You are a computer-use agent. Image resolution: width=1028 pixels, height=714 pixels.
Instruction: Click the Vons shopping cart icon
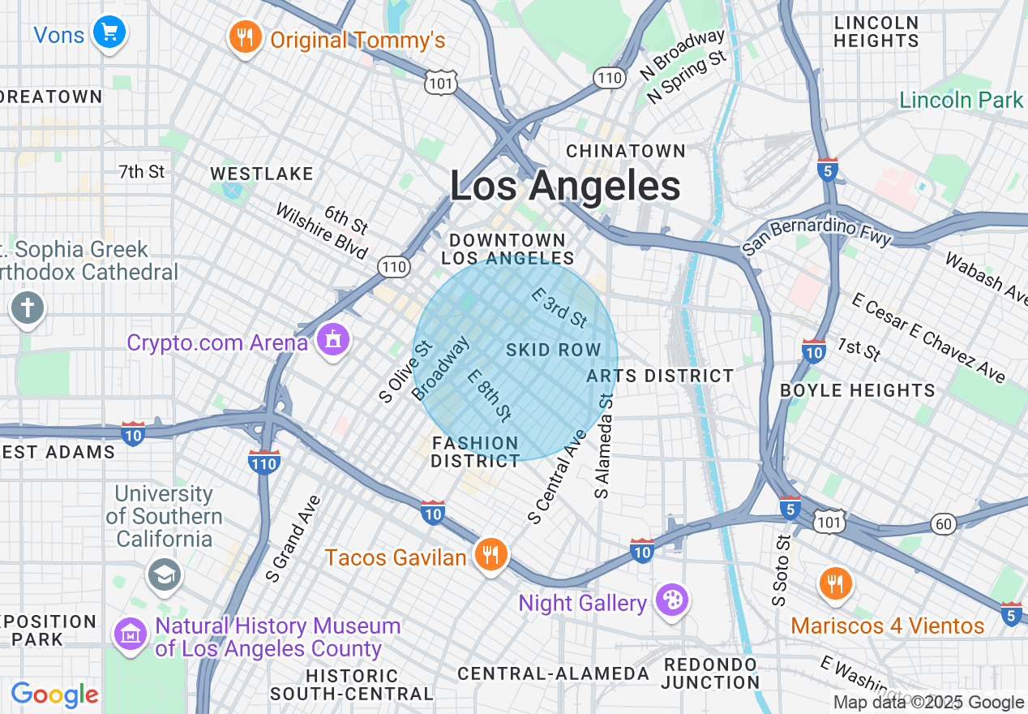click(x=108, y=33)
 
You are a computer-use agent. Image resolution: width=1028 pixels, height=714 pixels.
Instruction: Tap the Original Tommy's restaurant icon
click(x=243, y=37)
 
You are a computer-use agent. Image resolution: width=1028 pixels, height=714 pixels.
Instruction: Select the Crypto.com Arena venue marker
click(x=333, y=339)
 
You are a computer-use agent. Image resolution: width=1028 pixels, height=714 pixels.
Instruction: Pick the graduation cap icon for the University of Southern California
click(x=165, y=574)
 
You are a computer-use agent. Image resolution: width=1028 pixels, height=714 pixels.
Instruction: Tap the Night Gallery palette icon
click(x=672, y=600)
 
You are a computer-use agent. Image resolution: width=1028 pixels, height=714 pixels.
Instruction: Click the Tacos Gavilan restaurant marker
click(x=490, y=555)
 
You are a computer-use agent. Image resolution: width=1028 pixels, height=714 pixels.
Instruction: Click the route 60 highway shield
click(x=943, y=523)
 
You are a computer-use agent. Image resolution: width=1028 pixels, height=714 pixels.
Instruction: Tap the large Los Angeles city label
click(x=565, y=186)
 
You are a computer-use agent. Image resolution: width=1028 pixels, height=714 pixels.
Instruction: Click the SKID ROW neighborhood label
click(x=554, y=351)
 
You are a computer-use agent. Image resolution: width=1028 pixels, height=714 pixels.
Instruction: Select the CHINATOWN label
click(x=626, y=151)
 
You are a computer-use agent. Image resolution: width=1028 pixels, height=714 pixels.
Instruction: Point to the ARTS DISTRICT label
click(x=660, y=376)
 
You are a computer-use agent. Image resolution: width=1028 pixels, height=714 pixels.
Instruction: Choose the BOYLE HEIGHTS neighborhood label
click(x=857, y=390)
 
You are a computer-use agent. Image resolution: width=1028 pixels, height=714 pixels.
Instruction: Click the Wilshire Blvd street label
click(x=322, y=231)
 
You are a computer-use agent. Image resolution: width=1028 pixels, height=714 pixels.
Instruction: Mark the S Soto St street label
click(x=781, y=570)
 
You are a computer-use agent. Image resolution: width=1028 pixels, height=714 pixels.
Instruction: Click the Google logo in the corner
click(x=55, y=695)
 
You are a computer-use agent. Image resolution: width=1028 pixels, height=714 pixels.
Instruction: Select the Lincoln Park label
click(x=962, y=100)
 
